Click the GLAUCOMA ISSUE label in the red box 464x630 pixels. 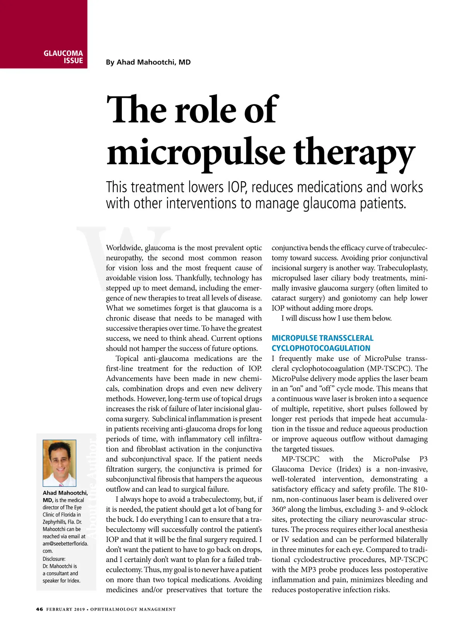[63, 57]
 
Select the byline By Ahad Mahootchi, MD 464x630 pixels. [148, 62]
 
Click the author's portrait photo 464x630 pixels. [59, 463]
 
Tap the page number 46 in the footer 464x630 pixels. [39, 609]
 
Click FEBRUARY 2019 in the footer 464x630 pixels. [65, 609]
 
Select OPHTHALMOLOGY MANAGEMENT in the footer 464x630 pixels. [133, 609]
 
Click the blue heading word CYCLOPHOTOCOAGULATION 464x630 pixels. [321, 348]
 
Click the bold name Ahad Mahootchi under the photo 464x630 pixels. [65, 493]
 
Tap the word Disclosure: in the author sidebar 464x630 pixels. [54, 559]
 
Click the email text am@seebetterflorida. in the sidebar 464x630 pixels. [65, 543]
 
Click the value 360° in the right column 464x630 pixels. [278, 509]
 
